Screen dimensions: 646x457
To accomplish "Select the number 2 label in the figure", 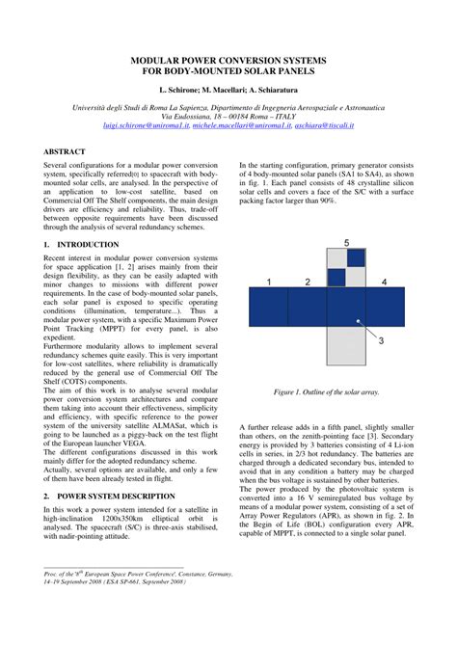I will click(306, 282).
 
